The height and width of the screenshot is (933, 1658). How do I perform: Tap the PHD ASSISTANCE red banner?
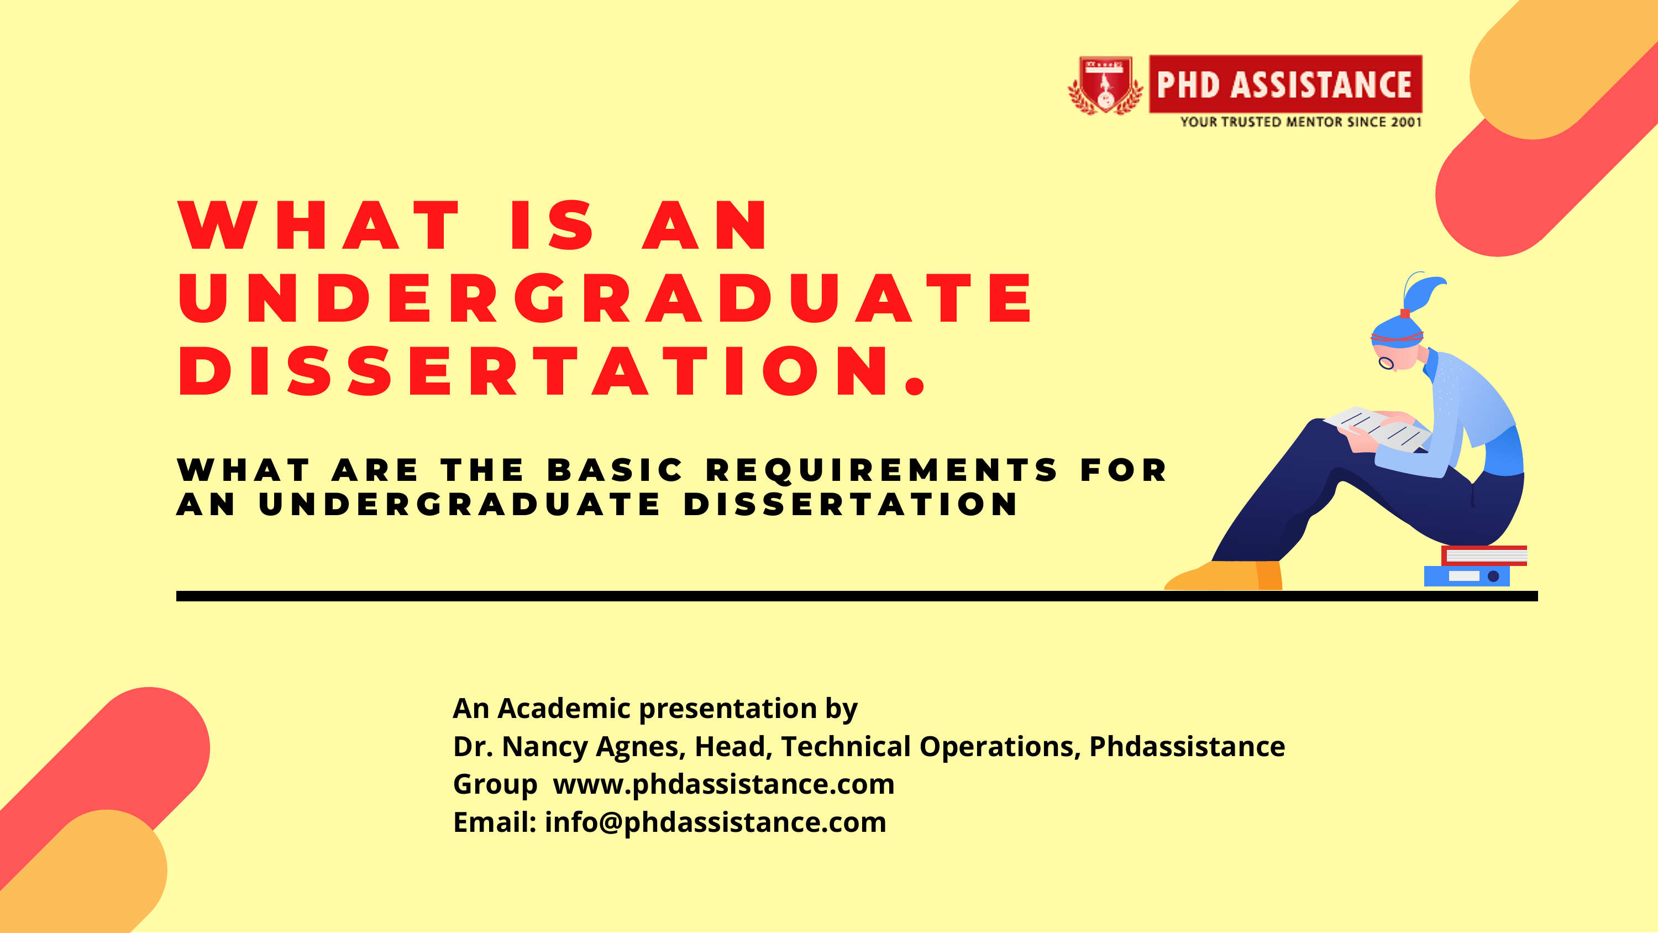[1286, 85]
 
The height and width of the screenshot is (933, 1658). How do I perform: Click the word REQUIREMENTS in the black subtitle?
[881, 471]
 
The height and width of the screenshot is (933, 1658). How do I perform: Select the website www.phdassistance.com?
[723, 784]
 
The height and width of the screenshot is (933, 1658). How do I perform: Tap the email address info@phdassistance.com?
[715, 822]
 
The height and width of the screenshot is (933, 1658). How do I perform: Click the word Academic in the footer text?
[564, 708]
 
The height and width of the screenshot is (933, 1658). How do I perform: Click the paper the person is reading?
[1377, 428]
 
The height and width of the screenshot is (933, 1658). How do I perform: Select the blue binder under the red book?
[1467, 575]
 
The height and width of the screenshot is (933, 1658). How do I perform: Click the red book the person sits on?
[1483, 555]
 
